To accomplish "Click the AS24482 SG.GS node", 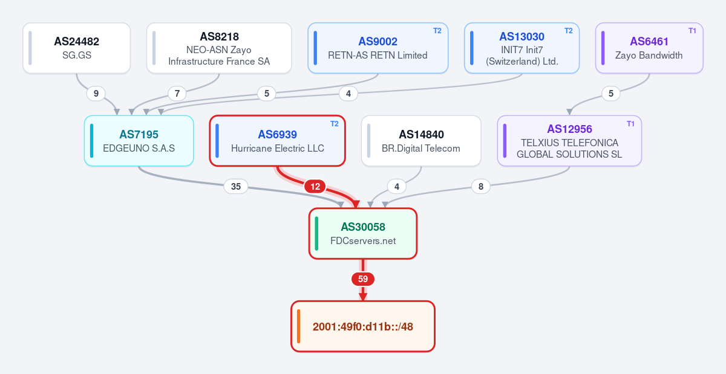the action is [76, 48].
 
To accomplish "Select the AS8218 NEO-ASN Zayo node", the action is [219, 48].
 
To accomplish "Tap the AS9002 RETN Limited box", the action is [378, 48].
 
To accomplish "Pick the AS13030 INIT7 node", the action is [522, 48].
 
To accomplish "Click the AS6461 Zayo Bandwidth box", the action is [649, 48].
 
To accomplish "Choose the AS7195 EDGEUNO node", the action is [139, 141].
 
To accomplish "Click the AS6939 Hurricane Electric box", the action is [278, 141].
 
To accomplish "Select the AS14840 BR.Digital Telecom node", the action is [421, 141].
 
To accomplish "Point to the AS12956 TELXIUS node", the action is [569, 141].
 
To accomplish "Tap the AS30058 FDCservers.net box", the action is [363, 233].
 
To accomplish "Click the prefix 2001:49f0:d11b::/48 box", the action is [363, 326].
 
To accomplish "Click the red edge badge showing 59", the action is [363, 279].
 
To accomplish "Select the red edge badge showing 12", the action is [315, 187].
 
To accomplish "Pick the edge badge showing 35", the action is [236, 187].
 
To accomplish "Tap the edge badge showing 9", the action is [96, 94].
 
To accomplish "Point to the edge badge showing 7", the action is [177, 94].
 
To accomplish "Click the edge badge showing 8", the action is [480, 187].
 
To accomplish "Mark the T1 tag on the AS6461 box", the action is [692, 31].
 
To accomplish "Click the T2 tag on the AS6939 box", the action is [335, 124].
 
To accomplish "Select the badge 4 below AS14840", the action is [397, 187].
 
